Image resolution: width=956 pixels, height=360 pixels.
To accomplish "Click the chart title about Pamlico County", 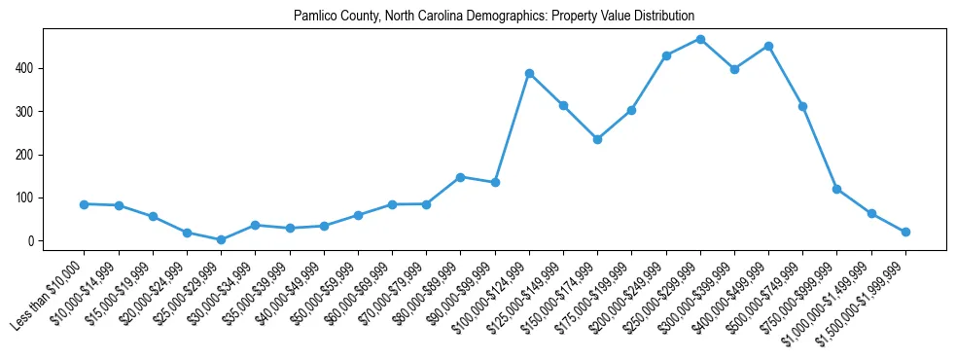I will click(494, 17).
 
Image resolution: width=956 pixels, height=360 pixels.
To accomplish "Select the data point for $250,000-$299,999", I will click(700, 39).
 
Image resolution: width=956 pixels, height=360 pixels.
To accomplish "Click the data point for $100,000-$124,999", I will click(529, 73).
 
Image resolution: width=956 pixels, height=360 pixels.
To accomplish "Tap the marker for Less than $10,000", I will click(85, 204).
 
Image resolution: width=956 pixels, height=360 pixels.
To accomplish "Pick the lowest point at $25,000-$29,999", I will click(221, 239).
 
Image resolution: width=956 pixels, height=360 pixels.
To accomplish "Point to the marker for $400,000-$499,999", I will click(768, 46).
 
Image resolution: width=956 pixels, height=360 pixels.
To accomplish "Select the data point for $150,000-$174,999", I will click(597, 139).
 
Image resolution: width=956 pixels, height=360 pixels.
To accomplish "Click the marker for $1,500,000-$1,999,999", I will click(905, 232).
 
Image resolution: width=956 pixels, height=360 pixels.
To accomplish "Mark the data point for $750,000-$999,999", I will click(836, 189).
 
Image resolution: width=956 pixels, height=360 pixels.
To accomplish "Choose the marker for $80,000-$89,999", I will click(460, 177).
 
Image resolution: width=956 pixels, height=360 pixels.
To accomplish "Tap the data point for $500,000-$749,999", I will click(802, 106).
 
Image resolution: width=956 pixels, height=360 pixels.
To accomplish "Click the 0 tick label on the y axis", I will click(32, 240).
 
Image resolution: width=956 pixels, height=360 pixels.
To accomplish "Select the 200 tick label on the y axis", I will click(26, 155).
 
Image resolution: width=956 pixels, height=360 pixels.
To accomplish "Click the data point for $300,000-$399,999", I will click(734, 69).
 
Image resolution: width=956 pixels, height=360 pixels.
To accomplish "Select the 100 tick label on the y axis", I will click(26, 198).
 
